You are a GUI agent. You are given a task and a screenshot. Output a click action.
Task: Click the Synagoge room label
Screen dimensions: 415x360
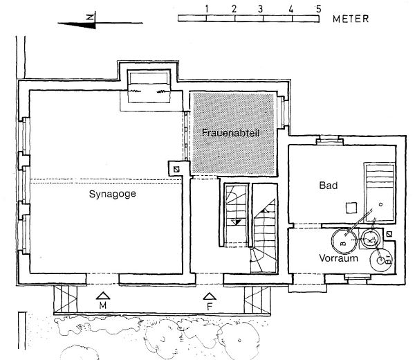(113, 194)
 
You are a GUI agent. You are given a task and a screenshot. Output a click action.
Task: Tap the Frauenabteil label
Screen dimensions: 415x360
(230, 132)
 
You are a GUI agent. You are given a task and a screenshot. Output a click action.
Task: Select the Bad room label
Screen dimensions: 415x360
(329, 185)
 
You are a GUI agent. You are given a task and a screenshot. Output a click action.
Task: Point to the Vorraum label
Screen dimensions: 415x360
(338, 258)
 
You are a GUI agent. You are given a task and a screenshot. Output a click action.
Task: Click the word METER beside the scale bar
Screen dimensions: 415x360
(351, 19)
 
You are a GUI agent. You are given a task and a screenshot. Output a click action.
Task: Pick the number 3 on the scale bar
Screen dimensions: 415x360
(261, 9)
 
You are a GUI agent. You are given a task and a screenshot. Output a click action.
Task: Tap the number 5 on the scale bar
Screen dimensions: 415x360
(318, 9)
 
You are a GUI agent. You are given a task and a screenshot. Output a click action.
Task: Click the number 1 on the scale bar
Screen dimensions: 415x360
(206, 9)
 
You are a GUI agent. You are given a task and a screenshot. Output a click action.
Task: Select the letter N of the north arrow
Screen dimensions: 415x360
(91, 17)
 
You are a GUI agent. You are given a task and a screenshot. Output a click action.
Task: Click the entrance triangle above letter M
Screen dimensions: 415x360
(103, 296)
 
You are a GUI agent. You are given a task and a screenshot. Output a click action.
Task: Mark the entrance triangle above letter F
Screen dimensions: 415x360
(210, 296)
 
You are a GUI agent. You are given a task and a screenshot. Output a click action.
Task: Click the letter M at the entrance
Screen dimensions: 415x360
(103, 306)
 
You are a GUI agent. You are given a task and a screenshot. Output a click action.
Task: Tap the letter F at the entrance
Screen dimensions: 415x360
(210, 307)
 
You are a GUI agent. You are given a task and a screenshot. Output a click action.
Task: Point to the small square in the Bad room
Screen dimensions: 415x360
(351, 208)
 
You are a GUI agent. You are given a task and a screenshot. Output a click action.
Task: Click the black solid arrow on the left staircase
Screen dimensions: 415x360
(236, 222)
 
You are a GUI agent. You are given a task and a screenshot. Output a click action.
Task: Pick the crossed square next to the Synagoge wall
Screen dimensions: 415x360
(176, 169)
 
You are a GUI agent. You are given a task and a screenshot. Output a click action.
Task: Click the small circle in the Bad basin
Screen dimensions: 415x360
(380, 204)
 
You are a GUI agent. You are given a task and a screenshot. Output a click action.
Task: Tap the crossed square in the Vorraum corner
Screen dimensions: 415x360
(389, 234)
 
